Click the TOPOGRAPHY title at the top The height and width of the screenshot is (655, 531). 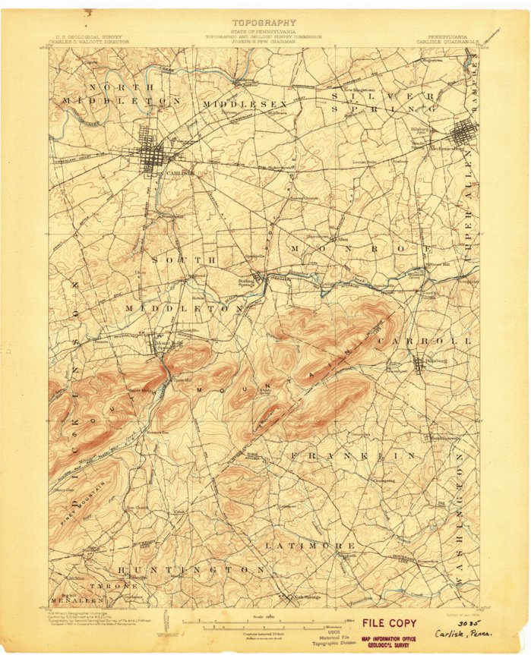(264, 23)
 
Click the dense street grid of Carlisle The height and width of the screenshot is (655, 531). (157, 157)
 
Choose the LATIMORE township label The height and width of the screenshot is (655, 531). (310, 545)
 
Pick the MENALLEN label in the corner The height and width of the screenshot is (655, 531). (77, 600)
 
